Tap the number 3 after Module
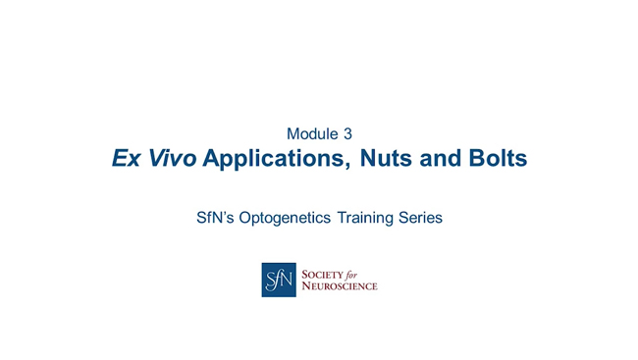(x=346, y=133)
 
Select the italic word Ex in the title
(x=126, y=158)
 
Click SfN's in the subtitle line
(x=217, y=218)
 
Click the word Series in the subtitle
(x=422, y=218)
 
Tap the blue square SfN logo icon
(x=278, y=280)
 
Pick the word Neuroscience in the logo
(x=339, y=286)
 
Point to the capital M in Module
(x=293, y=133)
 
